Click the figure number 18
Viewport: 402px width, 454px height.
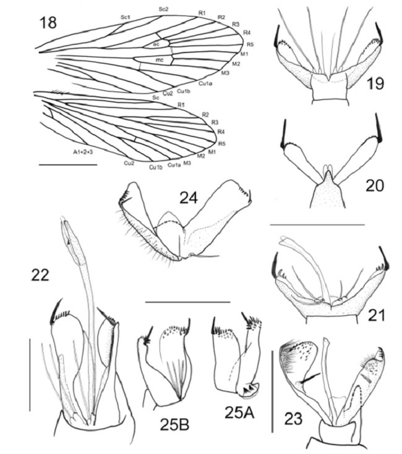(x=48, y=22)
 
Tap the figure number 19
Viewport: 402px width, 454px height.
(x=375, y=83)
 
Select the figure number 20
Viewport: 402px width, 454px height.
(x=375, y=185)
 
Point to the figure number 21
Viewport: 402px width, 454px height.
(x=377, y=315)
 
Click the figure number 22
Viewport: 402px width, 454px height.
(x=40, y=275)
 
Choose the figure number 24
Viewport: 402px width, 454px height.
(x=189, y=198)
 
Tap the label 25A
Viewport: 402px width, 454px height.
(x=239, y=413)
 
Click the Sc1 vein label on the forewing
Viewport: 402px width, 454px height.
(x=125, y=17)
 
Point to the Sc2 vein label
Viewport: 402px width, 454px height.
(x=163, y=9)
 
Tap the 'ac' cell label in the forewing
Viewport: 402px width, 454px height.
(x=156, y=44)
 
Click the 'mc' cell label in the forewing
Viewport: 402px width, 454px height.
(x=160, y=60)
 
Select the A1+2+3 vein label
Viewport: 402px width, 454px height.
(x=83, y=151)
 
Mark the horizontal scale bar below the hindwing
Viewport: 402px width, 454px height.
(x=68, y=165)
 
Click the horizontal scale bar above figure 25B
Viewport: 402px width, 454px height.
(x=188, y=302)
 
